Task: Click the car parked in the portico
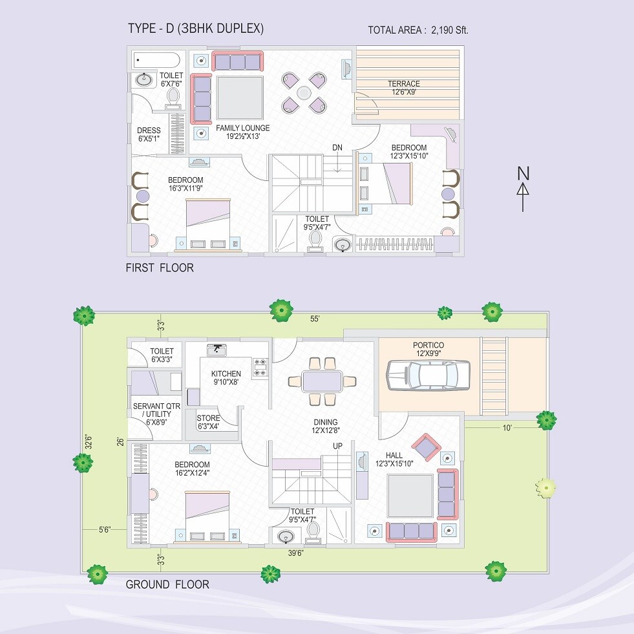[x=427, y=375]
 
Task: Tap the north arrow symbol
[x=523, y=189]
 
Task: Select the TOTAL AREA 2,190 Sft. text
[x=417, y=30]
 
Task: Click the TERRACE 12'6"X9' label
[x=403, y=88]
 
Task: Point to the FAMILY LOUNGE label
[x=242, y=132]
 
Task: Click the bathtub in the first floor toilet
[x=156, y=61]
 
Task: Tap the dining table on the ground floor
[x=322, y=381]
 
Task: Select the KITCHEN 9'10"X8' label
[x=226, y=378]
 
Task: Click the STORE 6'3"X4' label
[x=208, y=422]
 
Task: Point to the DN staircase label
[x=337, y=148]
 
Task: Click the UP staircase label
[x=337, y=447]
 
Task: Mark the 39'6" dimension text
[x=295, y=553]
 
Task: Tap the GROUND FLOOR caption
[x=167, y=585]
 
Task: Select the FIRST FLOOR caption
[x=160, y=268]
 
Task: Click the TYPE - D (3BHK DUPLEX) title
[x=196, y=29]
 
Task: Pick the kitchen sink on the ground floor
[x=218, y=350]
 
